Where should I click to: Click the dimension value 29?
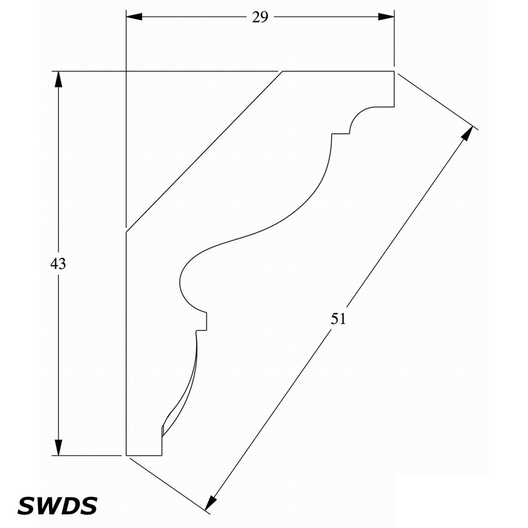pyautogui.click(x=260, y=17)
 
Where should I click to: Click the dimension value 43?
pyautogui.click(x=58, y=263)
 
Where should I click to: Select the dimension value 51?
pyautogui.click(x=338, y=318)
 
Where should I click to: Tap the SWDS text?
pyautogui.click(x=57, y=505)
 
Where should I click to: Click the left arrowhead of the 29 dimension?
pyautogui.click(x=134, y=17)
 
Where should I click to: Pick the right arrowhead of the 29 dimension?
pyautogui.click(x=386, y=17)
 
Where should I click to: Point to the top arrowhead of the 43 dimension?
pyautogui.click(x=59, y=80)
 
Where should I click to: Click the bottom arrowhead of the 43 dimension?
pyautogui.click(x=59, y=448)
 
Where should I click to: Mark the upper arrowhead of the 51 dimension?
pyautogui.click(x=466, y=134)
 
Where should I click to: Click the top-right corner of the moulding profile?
pyautogui.click(x=394, y=71)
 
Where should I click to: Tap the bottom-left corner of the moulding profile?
pyautogui.click(x=126, y=455)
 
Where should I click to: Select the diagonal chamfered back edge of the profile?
pyautogui.click(x=204, y=152)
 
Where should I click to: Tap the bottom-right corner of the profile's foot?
pyautogui.click(x=162, y=455)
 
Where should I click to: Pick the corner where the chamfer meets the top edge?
pyautogui.click(x=282, y=71)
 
